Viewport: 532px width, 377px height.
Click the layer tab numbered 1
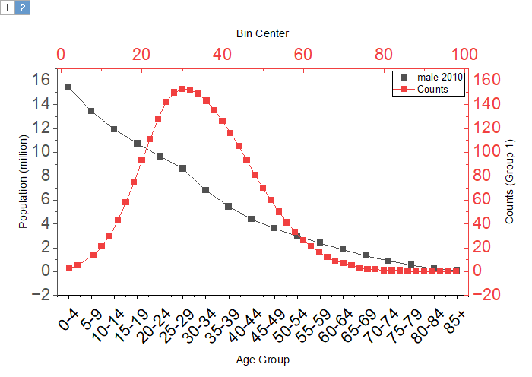coord(8,8)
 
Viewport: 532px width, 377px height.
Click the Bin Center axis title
coord(262,33)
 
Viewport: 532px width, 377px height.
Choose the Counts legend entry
coord(432,89)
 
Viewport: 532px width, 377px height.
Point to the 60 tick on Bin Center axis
coord(302,55)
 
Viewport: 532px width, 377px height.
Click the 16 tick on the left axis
coord(42,80)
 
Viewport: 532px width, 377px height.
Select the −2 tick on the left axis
coord(42,295)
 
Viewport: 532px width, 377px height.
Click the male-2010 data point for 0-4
coord(68,87)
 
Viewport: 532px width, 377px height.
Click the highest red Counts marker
coord(182,89)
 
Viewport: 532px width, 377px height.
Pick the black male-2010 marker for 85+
coord(456,270)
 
